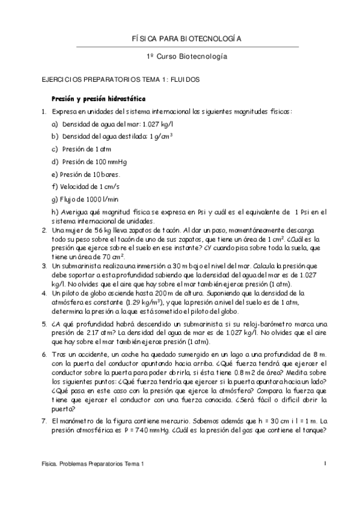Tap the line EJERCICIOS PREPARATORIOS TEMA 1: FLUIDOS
[x=116, y=79]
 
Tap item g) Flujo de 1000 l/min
[x=85, y=199]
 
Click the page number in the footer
[x=325, y=464]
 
